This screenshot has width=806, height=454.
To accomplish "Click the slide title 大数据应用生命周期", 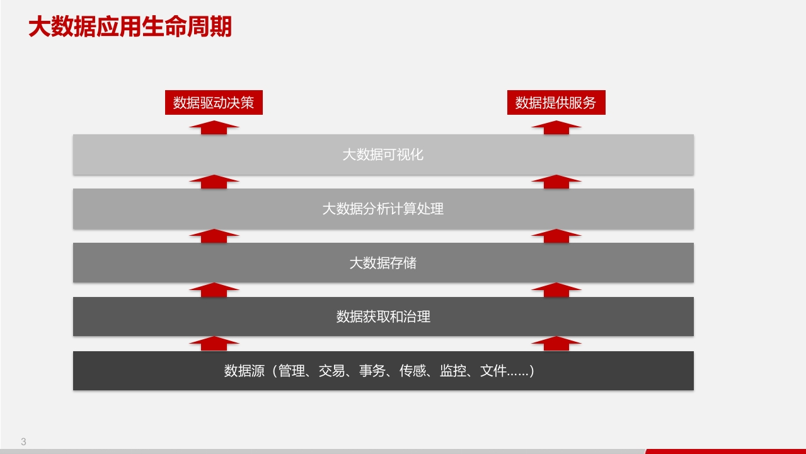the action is tap(130, 26).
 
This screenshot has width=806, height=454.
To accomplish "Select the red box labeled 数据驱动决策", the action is tap(214, 103).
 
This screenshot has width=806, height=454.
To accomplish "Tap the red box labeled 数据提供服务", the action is tap(556, 103).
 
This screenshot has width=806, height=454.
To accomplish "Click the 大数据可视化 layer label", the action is tap(383, 155).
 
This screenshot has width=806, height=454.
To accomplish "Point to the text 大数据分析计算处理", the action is tap(383, 209).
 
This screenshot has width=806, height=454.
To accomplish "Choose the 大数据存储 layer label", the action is tap(383, 263).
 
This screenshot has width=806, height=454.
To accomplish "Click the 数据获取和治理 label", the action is tap(383, 317).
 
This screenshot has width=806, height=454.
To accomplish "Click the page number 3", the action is tap(23, 442).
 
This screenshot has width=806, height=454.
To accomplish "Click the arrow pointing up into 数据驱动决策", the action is tap(214, 127).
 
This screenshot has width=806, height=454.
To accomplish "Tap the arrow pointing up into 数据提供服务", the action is tap(556, 127).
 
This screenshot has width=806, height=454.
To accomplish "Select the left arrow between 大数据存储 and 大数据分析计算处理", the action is tap(214, 236).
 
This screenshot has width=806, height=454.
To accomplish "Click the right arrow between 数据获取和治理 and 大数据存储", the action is tap(556, 290).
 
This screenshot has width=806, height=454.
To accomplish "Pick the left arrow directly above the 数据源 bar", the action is tap(214, 344).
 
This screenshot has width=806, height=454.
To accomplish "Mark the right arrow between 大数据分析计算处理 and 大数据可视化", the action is tap(556, 182).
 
